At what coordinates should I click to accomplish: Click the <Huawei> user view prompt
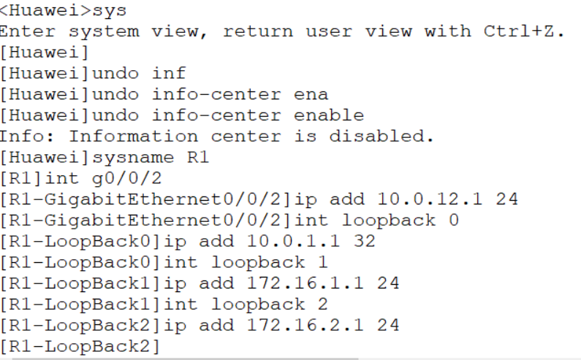(x=44, y=12)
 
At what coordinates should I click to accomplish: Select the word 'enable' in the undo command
(x=329, y=115)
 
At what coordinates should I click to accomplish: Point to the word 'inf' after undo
(x=170, y=74)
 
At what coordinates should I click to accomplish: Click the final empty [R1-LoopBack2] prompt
(x=80, y=345)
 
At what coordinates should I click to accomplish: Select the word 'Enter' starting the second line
(x=29, y=32)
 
